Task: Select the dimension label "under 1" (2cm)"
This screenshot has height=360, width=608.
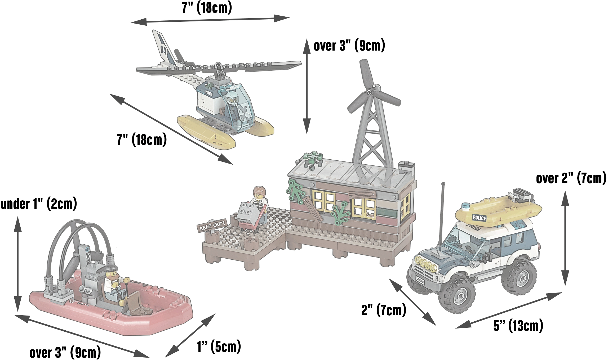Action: (39, 204)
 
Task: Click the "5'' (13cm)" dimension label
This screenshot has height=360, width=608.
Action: (518, 326)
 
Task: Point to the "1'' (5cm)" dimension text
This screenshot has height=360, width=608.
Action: (219, 346)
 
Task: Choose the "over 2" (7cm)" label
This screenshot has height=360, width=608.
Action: (571, 178)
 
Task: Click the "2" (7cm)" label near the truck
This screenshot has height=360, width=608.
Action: (384, 310)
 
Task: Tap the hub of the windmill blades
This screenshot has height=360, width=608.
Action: (369, 92)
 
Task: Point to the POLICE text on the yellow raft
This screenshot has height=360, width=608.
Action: (479, 218)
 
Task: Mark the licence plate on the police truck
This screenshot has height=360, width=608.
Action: (420, 280)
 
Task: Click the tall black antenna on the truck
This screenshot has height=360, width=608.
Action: (442, 214)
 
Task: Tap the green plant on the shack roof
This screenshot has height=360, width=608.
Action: (312, 159)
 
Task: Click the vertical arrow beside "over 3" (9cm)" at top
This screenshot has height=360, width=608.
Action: (307, 86)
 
